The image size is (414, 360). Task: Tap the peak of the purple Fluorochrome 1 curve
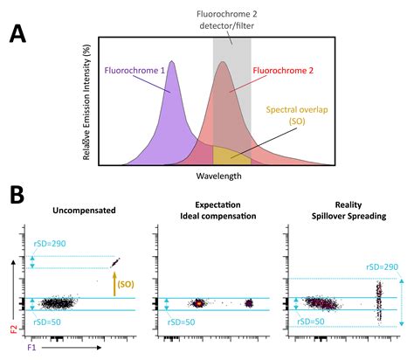point(172,62)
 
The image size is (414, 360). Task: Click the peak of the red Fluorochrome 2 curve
point(224,63)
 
